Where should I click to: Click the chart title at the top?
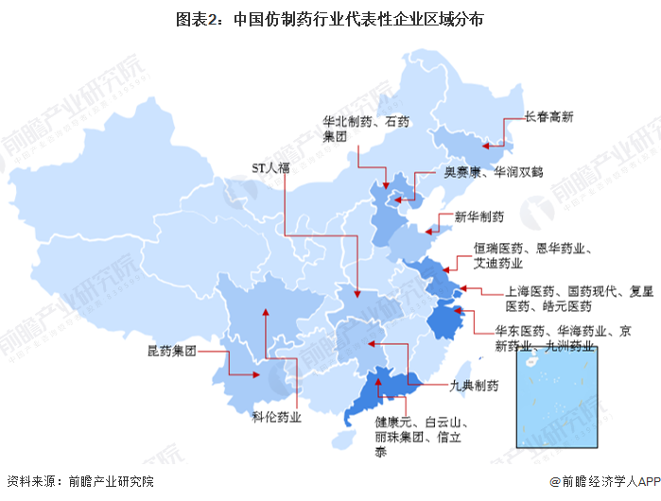coord(331,18)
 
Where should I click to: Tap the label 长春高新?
coord(550,118)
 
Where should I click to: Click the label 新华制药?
coord(478,216)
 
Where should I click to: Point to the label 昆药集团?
coord(171,351)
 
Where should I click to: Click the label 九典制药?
coord(473,386)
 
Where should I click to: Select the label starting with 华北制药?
coord(356,129)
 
